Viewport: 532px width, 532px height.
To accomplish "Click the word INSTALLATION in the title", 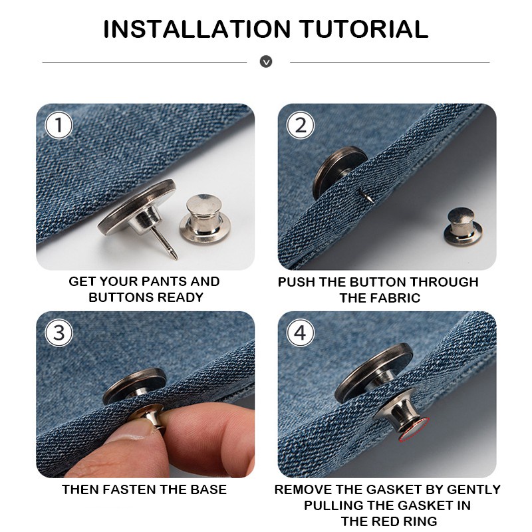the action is (x=197, y=29).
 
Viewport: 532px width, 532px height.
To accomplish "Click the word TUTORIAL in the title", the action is (x=364, y=29).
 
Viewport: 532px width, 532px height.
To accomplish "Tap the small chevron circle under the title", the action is (x=266, y=62).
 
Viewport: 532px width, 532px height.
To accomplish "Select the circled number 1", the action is (x=59, y=125).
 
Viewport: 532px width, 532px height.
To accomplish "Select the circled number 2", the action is (x=301, y=125).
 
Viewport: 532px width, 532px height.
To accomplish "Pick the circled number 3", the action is (x=59, y=333).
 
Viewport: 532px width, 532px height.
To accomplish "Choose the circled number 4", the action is (x=301, y=333).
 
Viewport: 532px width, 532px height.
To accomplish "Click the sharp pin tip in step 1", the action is (x=176, y=258).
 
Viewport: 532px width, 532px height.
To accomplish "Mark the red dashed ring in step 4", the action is (x=414, y=430).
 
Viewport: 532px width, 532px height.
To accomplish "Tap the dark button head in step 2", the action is (x=339, y=172).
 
